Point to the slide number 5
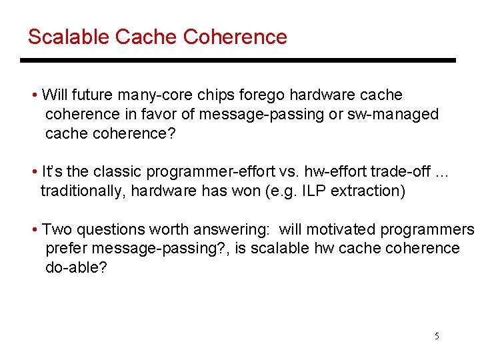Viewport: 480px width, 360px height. (437, 336)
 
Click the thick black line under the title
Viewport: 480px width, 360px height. (237, 61)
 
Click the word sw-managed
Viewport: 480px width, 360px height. (393, 114)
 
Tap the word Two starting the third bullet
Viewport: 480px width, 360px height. (57, 229)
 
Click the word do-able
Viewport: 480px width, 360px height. (75, 267)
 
